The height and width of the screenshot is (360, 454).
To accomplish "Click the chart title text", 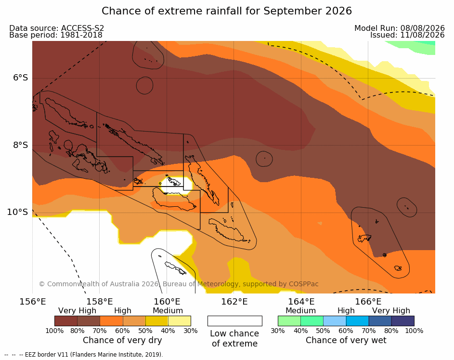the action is point(227,11).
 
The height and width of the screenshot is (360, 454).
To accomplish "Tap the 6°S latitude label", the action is point(21,78).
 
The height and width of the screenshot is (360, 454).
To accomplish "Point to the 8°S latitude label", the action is point(21,145).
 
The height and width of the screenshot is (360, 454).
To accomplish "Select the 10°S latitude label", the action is point(18,212).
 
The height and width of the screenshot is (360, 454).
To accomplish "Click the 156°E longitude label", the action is point(33,302).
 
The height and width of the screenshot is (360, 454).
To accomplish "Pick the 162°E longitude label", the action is point(234,302).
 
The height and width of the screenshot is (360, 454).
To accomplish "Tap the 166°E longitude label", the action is point(368,302).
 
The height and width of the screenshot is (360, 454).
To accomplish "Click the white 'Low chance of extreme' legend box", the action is point(235,321).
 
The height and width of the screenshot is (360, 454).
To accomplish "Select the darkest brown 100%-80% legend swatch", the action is point(66,321).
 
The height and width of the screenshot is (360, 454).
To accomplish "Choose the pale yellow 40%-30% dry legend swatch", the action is point(180,321).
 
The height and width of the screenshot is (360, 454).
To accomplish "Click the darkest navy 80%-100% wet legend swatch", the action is point(403,321).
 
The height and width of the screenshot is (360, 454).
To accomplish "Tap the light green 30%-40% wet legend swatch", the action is point(289,321).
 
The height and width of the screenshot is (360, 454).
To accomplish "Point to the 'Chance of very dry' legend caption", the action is point(122,340).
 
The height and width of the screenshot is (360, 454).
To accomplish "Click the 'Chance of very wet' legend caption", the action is point(346,340).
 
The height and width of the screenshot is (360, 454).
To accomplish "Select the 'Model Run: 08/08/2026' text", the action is point(400,28).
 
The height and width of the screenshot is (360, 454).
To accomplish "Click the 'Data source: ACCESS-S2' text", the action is point(57,28).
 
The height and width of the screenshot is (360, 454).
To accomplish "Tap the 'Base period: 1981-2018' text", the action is point(56,35).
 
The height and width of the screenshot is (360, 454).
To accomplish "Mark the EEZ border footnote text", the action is point(84,355).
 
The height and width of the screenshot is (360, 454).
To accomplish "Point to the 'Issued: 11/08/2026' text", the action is point(407,35).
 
